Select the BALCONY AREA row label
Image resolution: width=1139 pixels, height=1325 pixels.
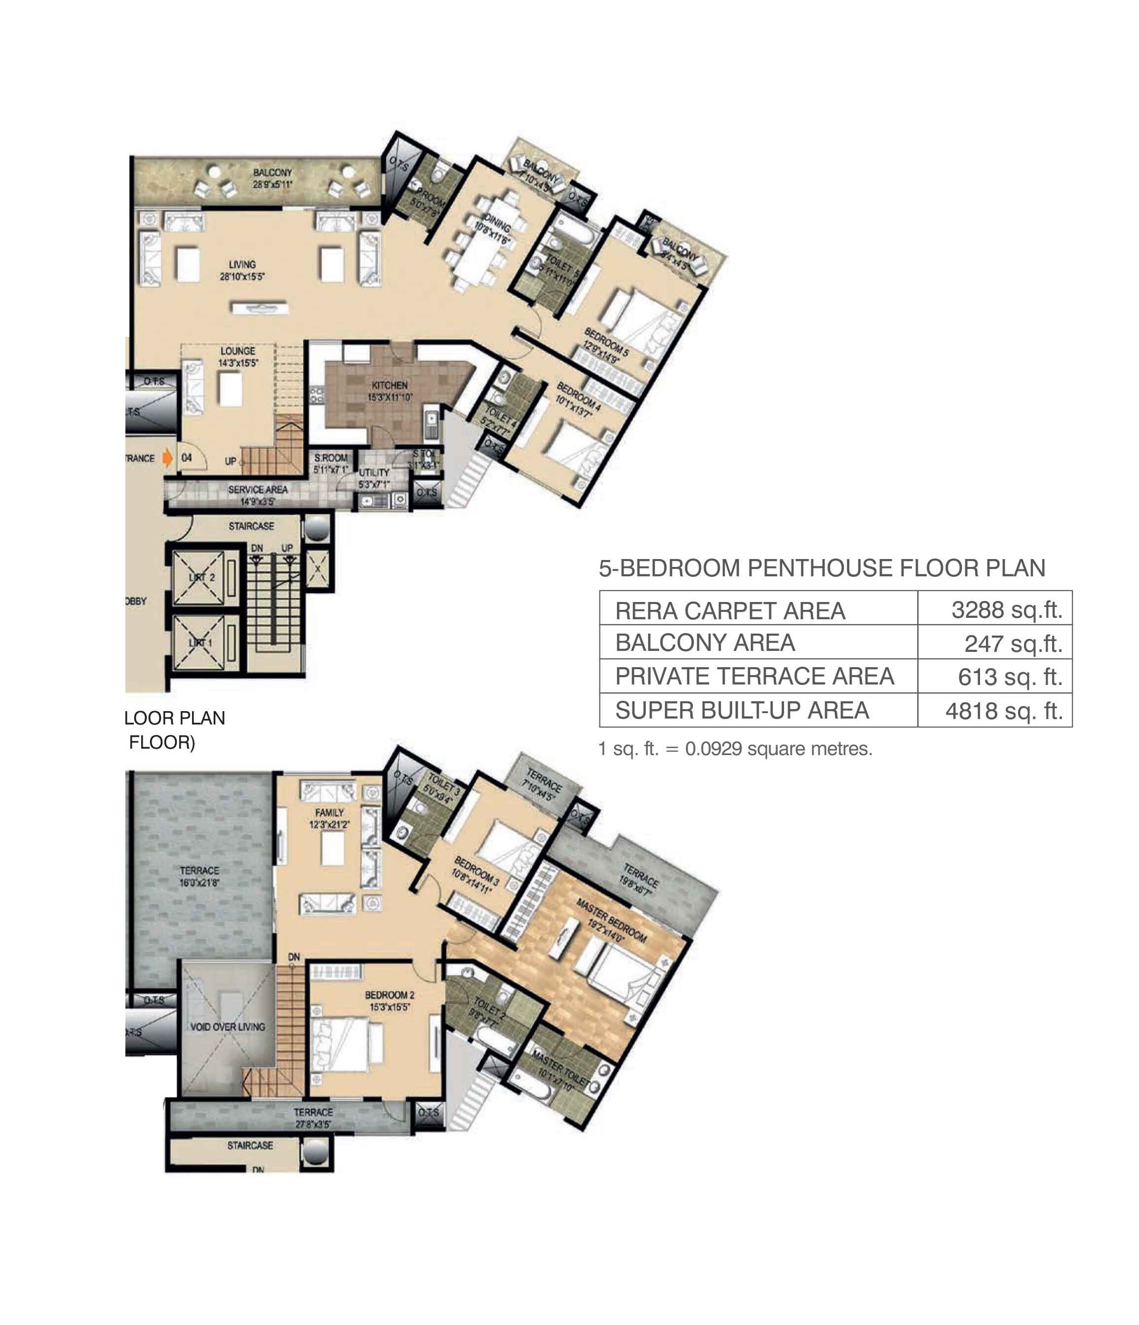point(705,642)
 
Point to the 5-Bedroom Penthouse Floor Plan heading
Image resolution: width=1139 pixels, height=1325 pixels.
point(822,568)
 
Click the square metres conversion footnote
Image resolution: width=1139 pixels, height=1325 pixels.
point(735,749)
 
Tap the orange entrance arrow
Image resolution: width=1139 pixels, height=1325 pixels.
point(167,458)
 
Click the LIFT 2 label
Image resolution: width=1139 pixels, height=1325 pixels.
point(202,577)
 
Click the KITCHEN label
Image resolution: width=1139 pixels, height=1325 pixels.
point(389,386)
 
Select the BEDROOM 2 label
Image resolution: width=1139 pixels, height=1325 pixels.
point(389,995)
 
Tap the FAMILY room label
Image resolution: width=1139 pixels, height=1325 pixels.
point(329,813)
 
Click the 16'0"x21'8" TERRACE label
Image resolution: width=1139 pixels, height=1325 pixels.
point(199,877)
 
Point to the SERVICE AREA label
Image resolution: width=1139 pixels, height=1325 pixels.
point(258,489)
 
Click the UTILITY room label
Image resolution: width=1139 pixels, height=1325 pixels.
point(374,473)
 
